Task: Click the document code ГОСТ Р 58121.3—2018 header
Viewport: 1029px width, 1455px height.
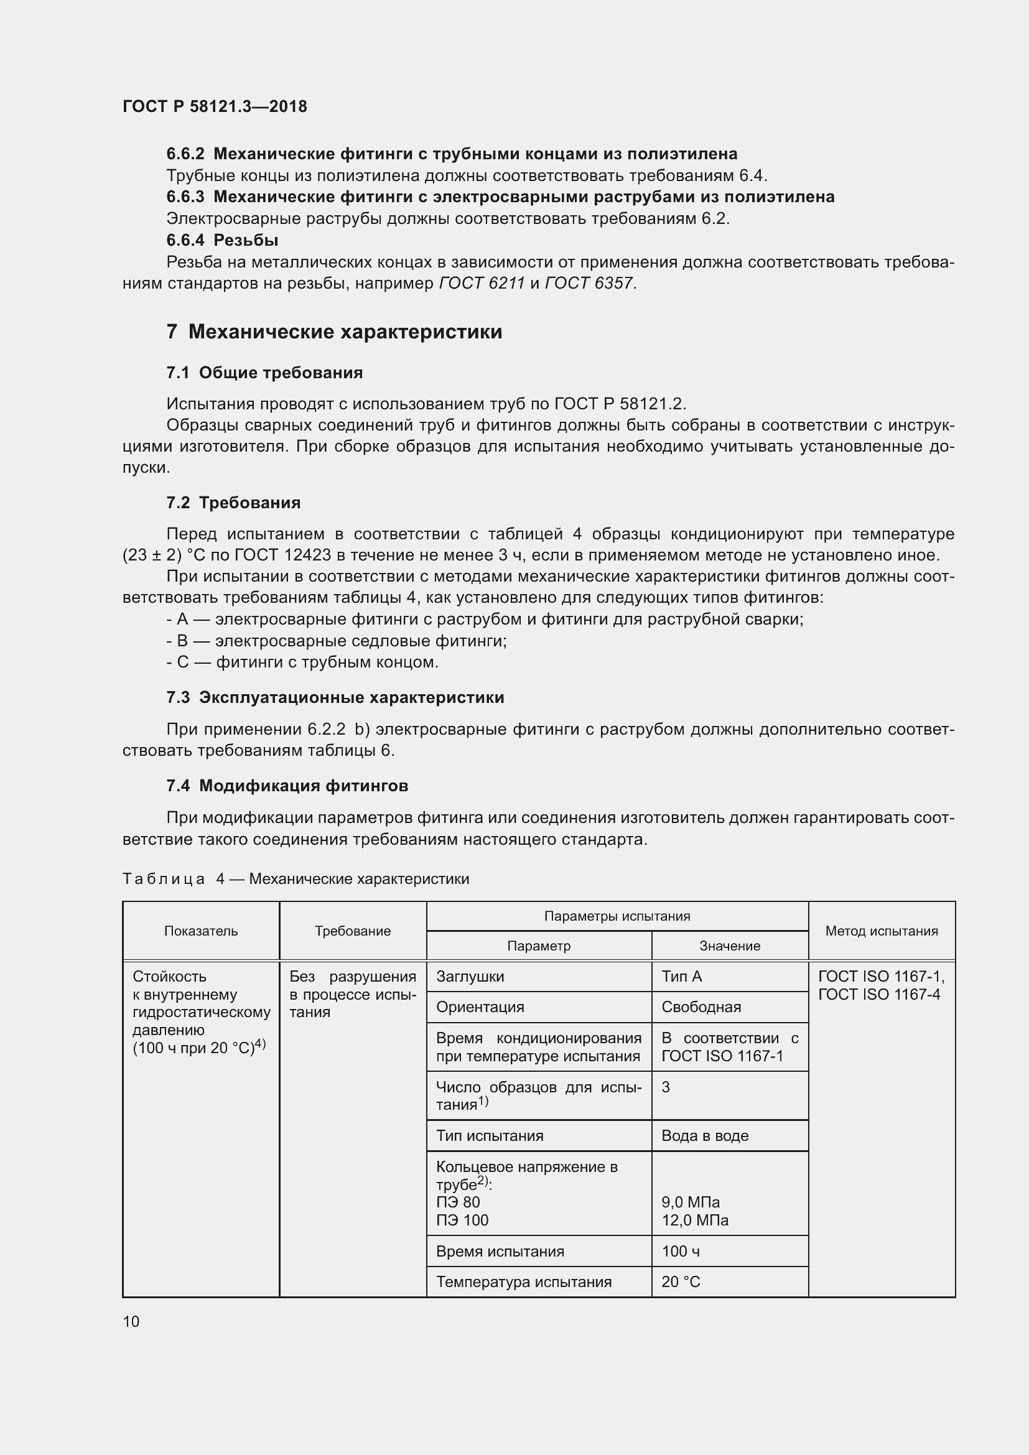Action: click(215, 106)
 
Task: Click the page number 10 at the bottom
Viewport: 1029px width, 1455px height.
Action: click(131, 1321)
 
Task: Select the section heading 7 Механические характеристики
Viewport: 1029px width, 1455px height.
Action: click(334, 332)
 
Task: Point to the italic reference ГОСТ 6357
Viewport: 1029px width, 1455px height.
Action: click(589, 283)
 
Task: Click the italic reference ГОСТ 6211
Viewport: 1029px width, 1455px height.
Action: click(482, 283)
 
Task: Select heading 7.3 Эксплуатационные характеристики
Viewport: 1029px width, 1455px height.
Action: click(335, 698)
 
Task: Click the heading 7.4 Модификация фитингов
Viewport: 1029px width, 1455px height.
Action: click(287, 786)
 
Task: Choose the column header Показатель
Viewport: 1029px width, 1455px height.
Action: click(201, 931)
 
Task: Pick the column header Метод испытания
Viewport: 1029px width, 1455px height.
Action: click(882, 931)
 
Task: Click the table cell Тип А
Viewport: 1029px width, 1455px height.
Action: click(682, 977)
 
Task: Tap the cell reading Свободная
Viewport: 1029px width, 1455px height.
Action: click(701, 1007)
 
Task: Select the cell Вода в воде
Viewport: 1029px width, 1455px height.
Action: click(705, 1136)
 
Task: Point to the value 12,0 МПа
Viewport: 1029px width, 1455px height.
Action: click(695, 1220)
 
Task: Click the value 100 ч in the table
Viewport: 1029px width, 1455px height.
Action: click(680, 1251)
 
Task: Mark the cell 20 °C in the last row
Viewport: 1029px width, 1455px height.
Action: click(681, 1282)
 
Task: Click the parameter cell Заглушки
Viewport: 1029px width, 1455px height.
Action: click(470, 977)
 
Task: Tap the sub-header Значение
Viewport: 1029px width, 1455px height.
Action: click(729, 946)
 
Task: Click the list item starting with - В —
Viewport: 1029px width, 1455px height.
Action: click(337, 641)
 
